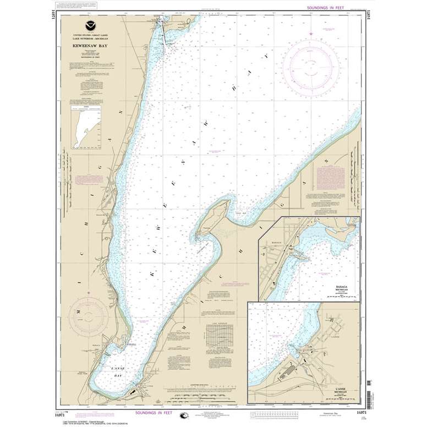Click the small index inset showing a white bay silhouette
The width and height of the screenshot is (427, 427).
[87, 128]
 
